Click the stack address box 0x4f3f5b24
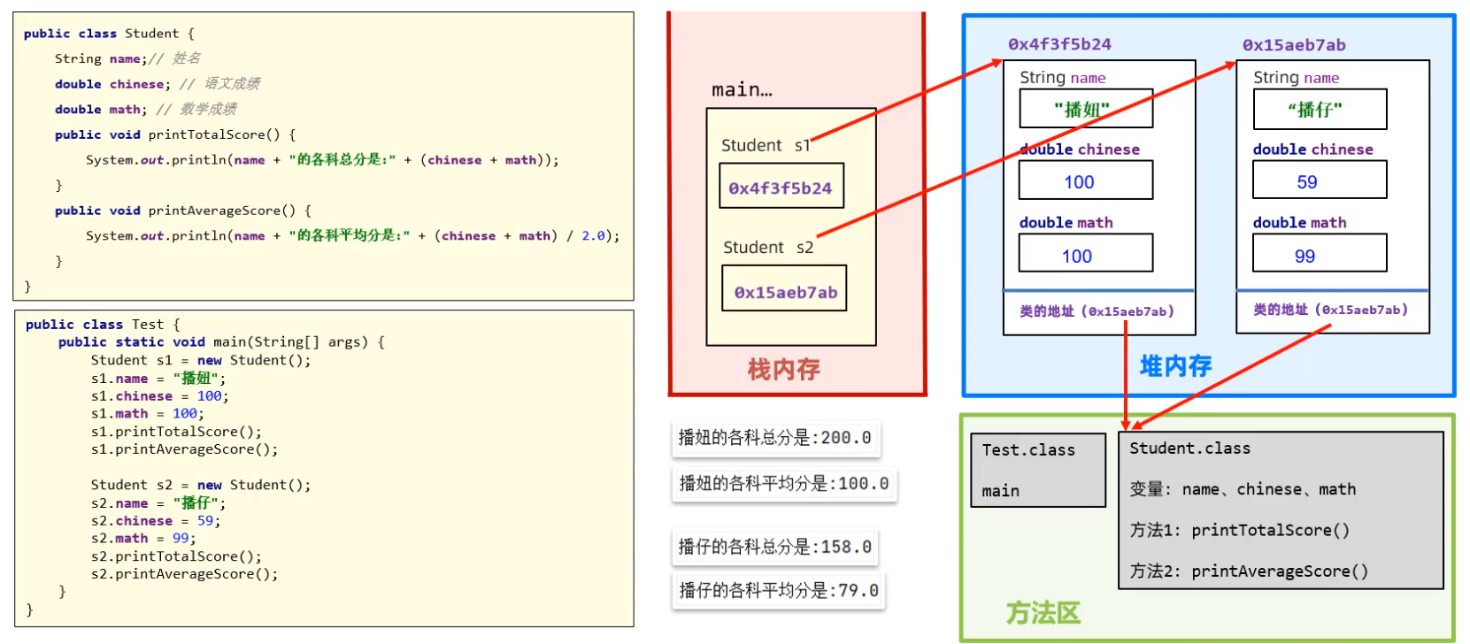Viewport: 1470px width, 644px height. [781, 187]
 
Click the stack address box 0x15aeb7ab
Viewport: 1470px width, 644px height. [785, 290]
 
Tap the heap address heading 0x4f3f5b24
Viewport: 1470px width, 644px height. [1059, 44]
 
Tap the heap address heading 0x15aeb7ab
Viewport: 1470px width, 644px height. [1294, 45]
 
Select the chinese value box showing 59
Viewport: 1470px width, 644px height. [1319, 181]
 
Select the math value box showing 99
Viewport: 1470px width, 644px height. [1319, 255]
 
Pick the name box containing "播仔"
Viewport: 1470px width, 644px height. [1319, 110]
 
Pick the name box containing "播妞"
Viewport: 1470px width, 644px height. [1085, 109]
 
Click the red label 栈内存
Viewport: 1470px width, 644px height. [783, 369]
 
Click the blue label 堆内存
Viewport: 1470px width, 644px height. [1175, 366]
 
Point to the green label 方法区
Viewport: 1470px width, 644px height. [1043, 613]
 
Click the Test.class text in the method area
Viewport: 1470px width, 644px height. [1028, 450]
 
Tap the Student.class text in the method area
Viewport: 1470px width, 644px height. [1189, 448]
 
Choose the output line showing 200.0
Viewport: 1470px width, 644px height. [775, 438]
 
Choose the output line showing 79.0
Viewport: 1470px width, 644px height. [779, 590]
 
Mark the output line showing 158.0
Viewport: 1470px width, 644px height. [775, 547]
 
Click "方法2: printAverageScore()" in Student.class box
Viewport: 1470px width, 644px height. [1249, 571]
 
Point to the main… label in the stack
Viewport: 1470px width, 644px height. [742, 89]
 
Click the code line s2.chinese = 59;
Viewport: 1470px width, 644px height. [156, 521]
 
